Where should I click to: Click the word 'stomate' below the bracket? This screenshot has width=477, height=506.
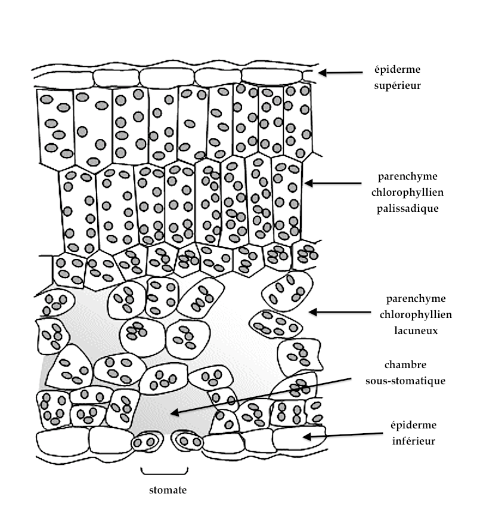coord(168,490)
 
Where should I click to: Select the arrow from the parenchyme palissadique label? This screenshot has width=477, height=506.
coord(334,183)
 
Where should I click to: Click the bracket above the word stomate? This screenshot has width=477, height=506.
coord(165,471)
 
